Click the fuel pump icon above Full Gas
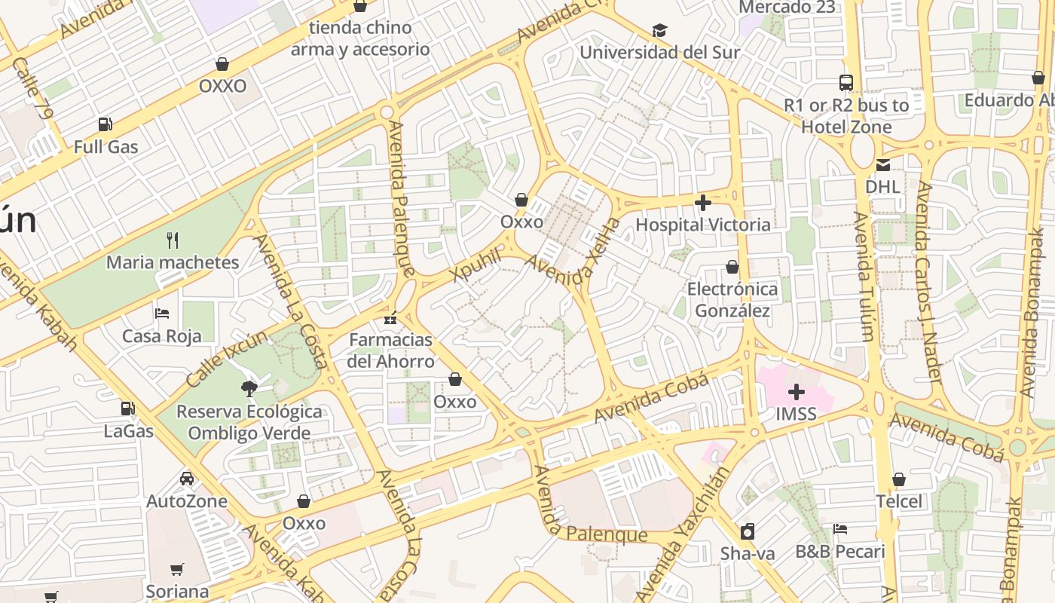point(105,124)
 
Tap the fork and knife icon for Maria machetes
point(173,240)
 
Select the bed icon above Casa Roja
point(162,314)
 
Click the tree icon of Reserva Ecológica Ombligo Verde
point(248,389)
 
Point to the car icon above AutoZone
point(186,479)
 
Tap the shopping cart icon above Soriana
point(177,569)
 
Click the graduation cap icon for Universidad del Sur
point(659,30)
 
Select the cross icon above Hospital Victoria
point(703,203)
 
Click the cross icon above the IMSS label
point(797,392)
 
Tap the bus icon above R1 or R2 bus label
point(846,83)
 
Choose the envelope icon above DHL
point(882,164)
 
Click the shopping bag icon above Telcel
point(898,479)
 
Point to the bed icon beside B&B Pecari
point(840,529)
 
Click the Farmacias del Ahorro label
point(391,350)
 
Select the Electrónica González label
point(732,300)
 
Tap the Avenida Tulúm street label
point(864,276)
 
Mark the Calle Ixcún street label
point(226,359)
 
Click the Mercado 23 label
point(787,8)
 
